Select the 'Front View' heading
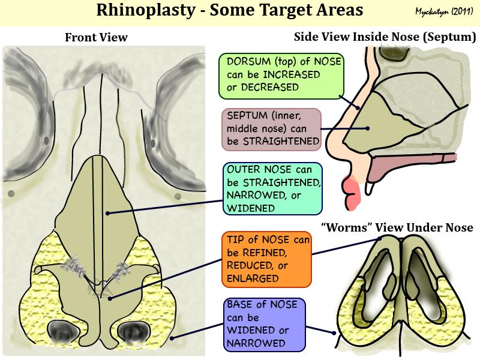(x=96, y=38)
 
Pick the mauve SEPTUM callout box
(x=269, y=128)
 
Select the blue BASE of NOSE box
(x=263, y=324)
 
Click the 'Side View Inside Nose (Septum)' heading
(x=385, y=38)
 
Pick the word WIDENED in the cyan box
(x=248, y=208)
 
